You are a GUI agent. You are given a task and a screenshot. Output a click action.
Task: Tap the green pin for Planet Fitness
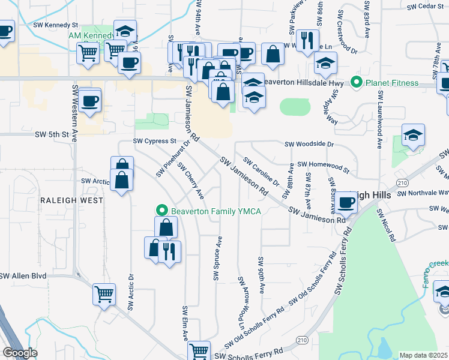coord(356,82)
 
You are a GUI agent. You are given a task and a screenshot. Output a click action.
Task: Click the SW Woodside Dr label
coord(309,144)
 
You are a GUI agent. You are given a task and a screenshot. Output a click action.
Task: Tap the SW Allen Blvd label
coord(23,276)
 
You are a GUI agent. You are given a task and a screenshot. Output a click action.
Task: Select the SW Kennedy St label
coord(56,26)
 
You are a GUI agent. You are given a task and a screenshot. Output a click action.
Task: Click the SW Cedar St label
coord(424,7)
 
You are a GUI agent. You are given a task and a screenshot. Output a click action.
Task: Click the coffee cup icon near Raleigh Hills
coord(345,203)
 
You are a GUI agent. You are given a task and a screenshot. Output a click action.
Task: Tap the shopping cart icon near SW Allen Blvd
coord(104,294)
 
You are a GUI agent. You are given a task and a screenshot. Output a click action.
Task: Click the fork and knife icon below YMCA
coord(169,251)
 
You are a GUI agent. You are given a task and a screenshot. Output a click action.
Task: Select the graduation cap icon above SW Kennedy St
coord(125,31)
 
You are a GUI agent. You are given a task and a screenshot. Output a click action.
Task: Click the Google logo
coord(20,353)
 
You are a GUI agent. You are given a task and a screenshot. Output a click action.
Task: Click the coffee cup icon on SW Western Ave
coord(89,100)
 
